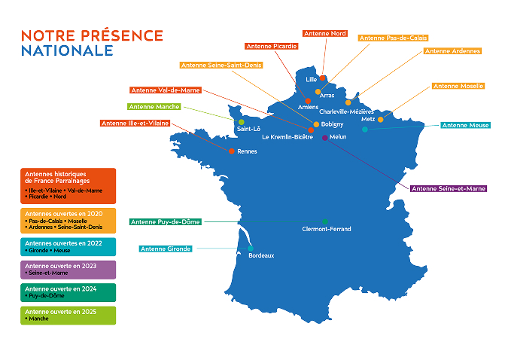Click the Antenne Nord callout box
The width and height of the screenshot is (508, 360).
[x=324, y=34]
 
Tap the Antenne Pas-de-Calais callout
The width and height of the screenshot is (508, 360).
[x=394, y=38]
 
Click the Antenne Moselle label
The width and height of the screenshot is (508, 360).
[x=458, y=87]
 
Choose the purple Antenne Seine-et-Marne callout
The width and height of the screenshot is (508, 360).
[x=449, y=188]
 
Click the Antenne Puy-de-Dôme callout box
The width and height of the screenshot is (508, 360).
[x=165, y=222]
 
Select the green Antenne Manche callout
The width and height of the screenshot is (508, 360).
[x=154, y=107]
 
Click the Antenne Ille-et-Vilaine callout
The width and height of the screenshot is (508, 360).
[x=135, y=123]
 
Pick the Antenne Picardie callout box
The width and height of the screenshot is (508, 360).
[x=270, y=46]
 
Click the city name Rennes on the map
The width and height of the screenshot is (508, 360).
[x=247, y=151]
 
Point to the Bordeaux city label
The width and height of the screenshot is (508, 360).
[x=261, y=256]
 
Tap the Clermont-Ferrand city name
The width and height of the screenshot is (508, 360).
[x=326, y=229]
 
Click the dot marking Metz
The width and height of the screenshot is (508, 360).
[x=380, y=120]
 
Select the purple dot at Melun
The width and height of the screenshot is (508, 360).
[x=324, y=137]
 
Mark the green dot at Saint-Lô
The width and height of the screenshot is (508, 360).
[x=241, y=122]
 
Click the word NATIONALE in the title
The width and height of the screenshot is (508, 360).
[x=68, y=50]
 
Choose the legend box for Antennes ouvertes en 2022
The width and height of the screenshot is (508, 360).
[x=68, y=247]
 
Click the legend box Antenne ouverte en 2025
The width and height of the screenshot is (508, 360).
[x=68, y=315]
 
